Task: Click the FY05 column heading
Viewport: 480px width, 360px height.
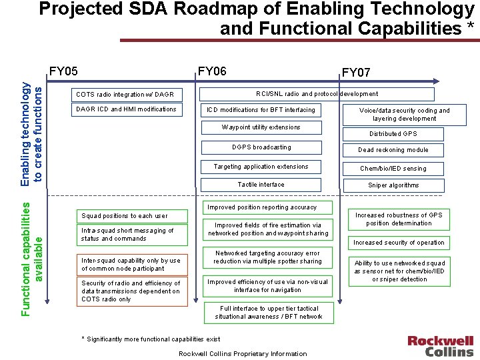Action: point(64,71)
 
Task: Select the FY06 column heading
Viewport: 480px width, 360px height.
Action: point(212,71)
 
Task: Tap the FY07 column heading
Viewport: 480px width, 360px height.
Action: point(356,72)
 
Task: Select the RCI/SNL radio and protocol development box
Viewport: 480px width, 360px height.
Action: point(317,94)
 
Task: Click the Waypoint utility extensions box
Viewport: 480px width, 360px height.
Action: point(261,127)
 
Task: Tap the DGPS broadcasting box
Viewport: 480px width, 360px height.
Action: point(261,147)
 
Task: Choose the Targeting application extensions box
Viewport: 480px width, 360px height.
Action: point(261,167)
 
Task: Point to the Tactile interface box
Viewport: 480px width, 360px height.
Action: point(261,185)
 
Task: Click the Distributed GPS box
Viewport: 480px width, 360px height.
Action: point(393,134)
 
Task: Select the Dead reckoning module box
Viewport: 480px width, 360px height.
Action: point(393,150)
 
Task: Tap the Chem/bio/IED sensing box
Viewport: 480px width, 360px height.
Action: point(393,169)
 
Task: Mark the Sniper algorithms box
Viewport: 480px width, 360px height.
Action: point(393,185)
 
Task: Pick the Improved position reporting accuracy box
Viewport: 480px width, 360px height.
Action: point(262,207)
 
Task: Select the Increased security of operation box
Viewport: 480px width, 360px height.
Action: point(399,243)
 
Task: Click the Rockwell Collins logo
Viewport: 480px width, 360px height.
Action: point(441,345)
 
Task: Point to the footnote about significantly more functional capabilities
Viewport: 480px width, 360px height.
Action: point(151,339)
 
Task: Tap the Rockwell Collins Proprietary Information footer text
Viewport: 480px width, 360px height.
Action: point(243,353)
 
